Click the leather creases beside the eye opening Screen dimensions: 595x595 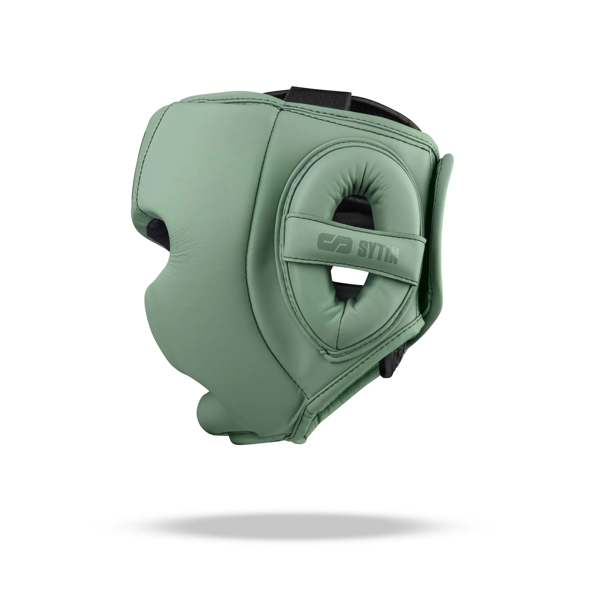(x=185, y=240)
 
